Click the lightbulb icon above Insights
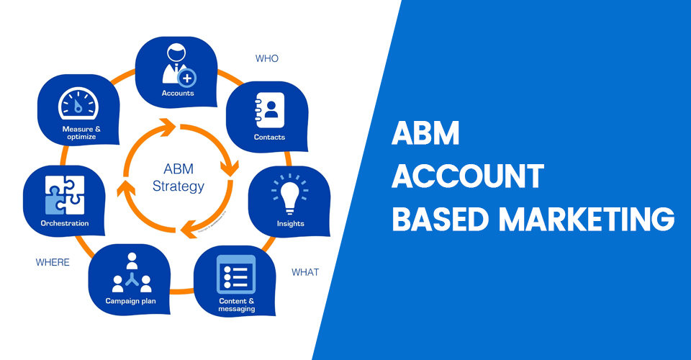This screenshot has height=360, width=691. [x=289, y=193]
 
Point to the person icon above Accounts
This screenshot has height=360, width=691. [x=176, y=65]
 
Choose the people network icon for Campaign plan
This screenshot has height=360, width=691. [x=131, y=273]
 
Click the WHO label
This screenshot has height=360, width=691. [x=267, y=58]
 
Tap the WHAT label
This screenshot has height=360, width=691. [x=305, y=272]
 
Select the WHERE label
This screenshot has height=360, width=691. [x=53, y=262]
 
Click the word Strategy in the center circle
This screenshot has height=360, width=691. [x=179, y=186]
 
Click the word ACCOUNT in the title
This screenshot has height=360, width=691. [x=467, y=176]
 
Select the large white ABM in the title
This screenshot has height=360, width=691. [x=425, y=135]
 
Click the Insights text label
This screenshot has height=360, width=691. [x=291, y=224]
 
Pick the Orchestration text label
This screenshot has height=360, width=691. [x=65, y=223]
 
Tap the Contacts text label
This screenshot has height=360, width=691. [x=269, y=137]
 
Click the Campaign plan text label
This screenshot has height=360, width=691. [x=131, y=300]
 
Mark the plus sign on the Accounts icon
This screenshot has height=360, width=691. [x=187, y=76]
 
